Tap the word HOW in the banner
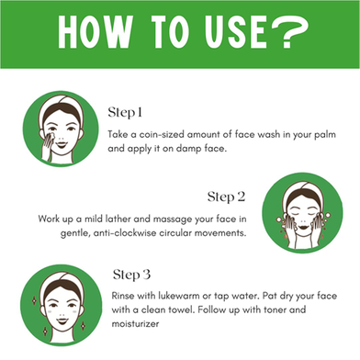pos(96,32)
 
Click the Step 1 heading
pos(125,113)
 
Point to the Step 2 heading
pos(226,197)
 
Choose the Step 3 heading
pos(131,275)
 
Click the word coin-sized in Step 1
pos(162,134)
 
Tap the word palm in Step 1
pos(325,135)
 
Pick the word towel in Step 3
pos(182,309)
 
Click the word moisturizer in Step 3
pos(135,323)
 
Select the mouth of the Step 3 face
pos(62,321)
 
